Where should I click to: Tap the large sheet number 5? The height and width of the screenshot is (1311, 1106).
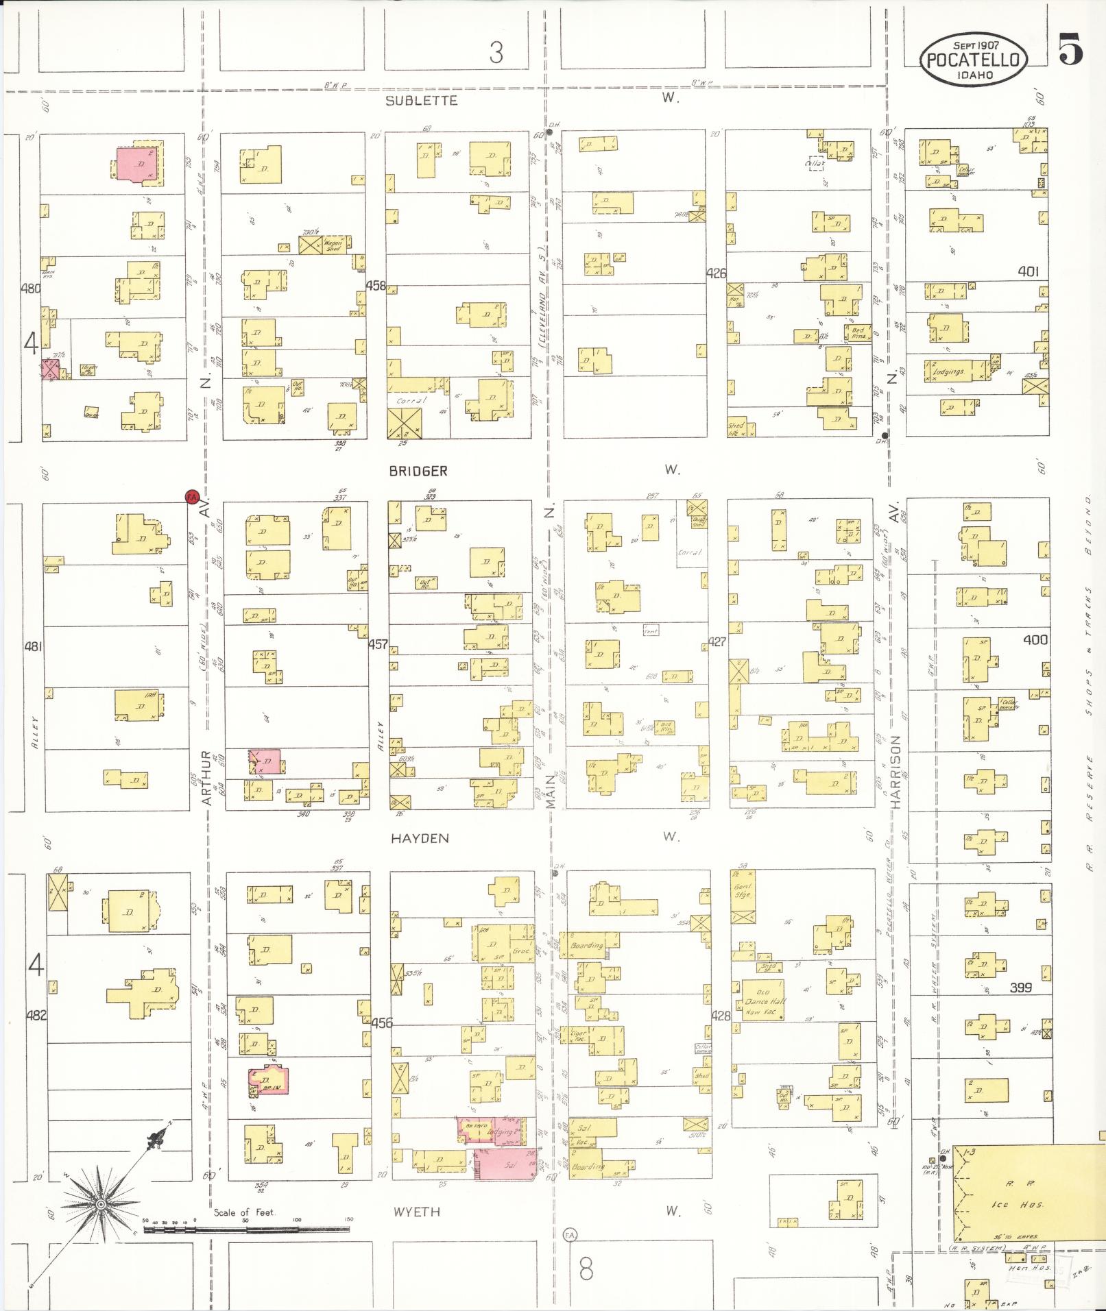(1070, 49)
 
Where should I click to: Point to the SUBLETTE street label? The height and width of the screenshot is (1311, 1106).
(421, 101)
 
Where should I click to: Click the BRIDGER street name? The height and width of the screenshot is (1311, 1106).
(418, 471)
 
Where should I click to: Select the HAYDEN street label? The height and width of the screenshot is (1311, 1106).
(420, 838)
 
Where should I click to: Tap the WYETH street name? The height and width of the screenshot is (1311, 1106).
(417, 1212)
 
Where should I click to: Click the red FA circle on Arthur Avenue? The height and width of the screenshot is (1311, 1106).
(193, 495)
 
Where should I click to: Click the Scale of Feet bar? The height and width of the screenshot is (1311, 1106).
(247, 1229)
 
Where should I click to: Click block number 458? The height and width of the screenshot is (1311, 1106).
(376, 285)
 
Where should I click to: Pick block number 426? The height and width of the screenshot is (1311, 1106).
(716, 273)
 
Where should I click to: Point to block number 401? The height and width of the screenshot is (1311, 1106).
(1028, 271)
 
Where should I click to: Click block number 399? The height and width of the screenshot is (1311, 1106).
(1021, 988)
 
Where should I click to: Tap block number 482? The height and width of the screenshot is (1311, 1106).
(36, 1015)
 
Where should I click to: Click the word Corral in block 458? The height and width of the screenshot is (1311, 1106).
(411, 400)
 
